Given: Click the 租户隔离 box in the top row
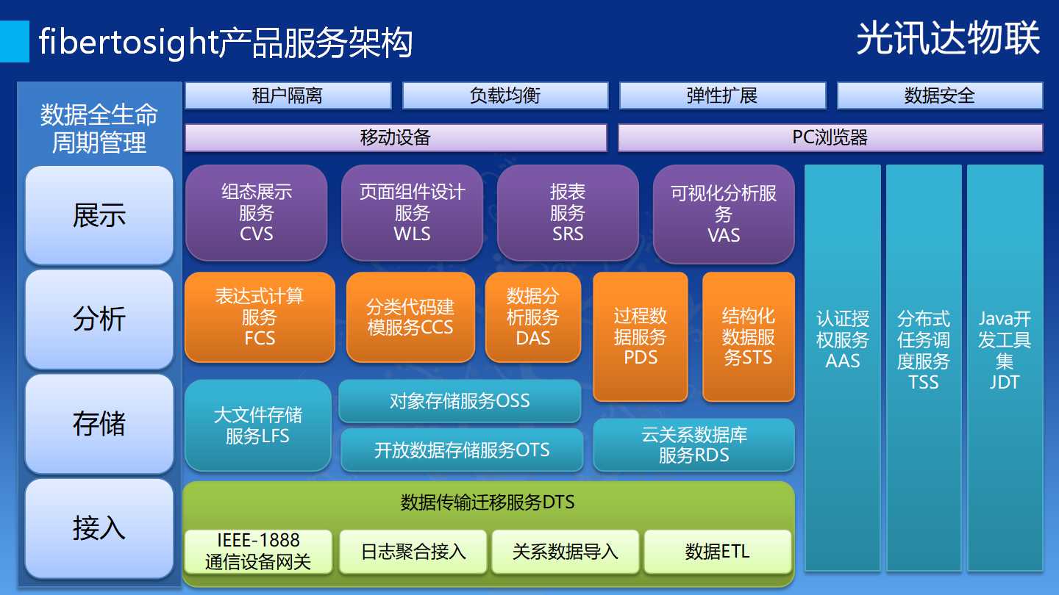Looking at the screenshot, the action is (288, 95).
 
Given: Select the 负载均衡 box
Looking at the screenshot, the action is (505, 95).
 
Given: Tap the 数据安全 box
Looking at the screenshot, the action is (940, 95).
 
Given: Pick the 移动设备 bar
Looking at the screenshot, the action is (396, 137).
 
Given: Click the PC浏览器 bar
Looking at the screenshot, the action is (830, 137).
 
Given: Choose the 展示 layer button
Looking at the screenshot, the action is (99, 215).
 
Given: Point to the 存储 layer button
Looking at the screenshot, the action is (99, 424).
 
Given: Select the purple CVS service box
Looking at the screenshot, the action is (256, 213).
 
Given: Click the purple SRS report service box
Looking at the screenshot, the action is (568, 213).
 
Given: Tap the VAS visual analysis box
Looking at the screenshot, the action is (724, 214).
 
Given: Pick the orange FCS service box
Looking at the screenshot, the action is (260, 317).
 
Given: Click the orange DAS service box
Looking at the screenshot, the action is (533, 317).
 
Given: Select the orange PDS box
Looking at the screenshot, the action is (641, 336).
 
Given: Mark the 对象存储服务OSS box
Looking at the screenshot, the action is (460, 401).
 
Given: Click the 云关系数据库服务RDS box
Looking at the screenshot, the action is (694, 445).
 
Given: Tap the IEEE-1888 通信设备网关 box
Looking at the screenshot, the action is (258, 552).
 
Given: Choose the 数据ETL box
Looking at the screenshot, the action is (718, 552).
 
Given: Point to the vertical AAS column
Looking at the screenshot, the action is (843, 368).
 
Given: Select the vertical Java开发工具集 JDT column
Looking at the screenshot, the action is (1005, 368).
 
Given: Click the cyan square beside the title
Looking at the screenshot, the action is (14, 42).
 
